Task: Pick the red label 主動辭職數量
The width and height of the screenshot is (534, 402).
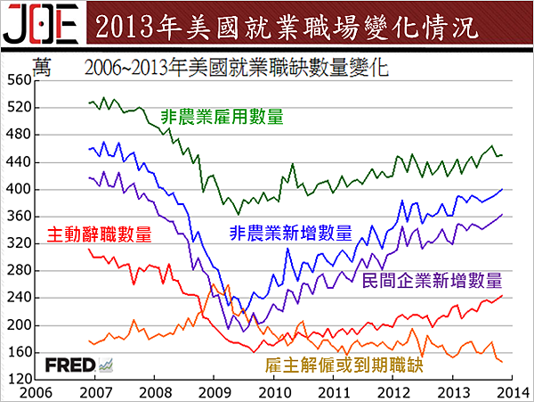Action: (97, 235)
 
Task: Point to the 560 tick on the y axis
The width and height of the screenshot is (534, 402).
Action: (18, 80)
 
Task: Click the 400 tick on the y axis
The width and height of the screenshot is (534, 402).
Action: (18, 190)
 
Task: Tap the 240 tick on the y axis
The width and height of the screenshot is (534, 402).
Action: (18, 299)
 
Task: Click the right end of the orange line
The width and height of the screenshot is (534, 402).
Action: (502, 361)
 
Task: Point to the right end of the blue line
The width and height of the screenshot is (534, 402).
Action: (502, 189)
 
